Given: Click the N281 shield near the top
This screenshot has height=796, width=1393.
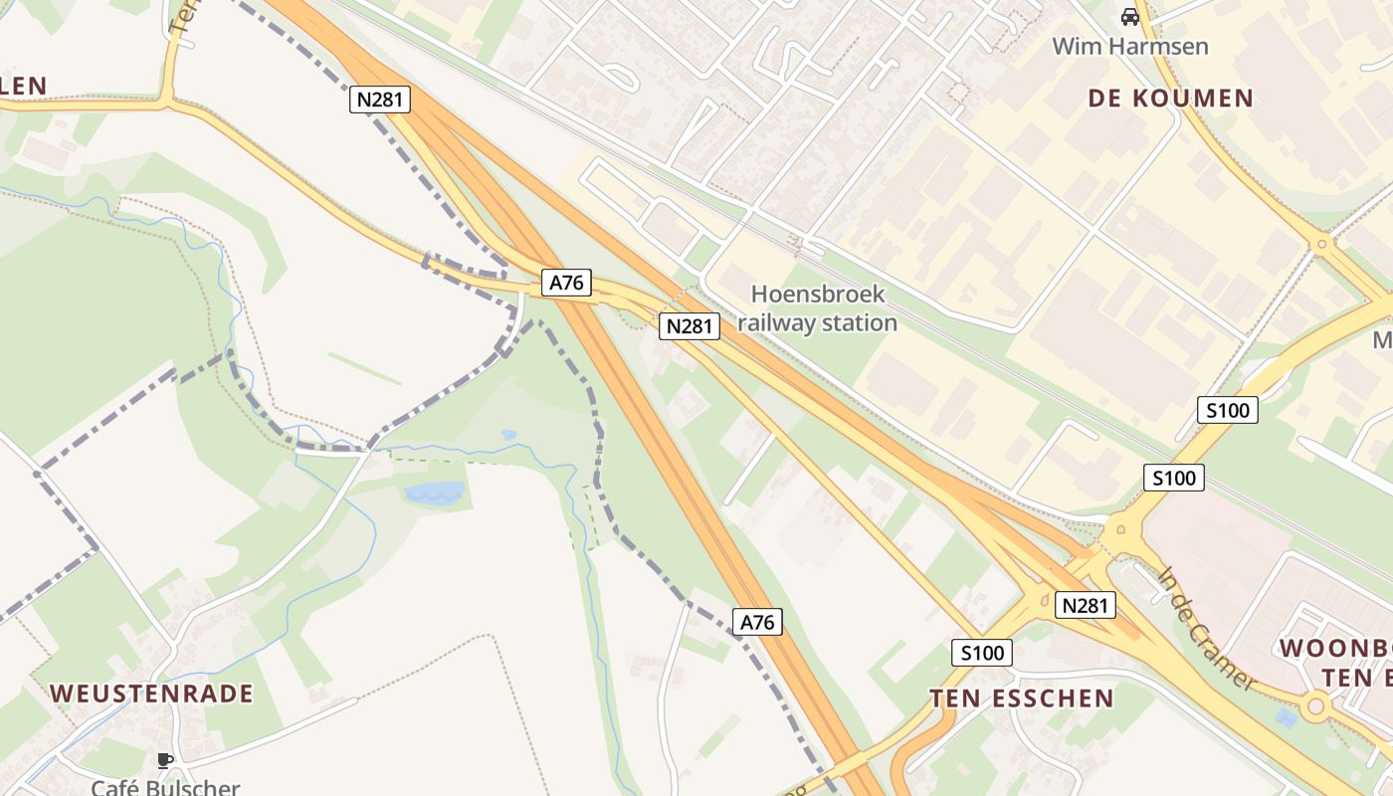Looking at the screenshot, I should click(380, 99).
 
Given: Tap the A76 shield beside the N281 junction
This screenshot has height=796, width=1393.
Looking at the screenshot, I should click(567, 283).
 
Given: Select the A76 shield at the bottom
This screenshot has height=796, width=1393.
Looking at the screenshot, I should click(757, 623).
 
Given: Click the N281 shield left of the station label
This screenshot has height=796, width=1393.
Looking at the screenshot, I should click(689, 326).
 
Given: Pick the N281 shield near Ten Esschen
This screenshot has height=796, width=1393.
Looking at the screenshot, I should click(1085, 605).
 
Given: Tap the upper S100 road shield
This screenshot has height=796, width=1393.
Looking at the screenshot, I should click(1227, 410).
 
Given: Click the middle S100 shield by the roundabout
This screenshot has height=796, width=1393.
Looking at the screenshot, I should click(1173, 478).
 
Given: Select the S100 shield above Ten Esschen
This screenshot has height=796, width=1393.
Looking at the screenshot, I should click(982, 653).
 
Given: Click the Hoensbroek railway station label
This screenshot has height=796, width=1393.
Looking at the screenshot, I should click(817, 308).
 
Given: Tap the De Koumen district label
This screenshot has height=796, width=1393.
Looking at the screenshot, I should click(1170, 98).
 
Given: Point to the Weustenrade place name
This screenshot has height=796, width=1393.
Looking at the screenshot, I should click(151, 694).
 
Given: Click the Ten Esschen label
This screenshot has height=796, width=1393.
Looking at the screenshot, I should click(1022, 698).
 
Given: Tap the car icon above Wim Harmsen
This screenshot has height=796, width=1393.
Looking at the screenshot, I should click(1129, 17).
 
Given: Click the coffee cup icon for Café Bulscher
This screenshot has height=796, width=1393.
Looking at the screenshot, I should click(165, 761).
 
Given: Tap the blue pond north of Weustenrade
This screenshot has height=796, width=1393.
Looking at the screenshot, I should click(435, 493).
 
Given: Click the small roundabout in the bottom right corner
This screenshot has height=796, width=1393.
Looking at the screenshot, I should click(1316, 705).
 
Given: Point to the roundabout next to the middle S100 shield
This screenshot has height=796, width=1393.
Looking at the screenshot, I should click(1122, 529).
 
